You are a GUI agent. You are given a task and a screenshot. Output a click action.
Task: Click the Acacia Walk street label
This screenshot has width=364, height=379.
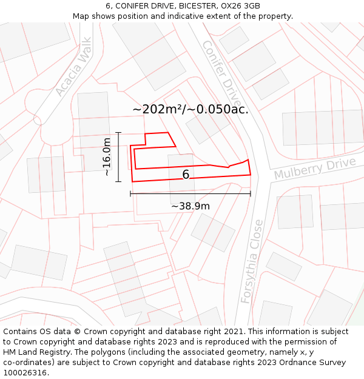pos(73,67)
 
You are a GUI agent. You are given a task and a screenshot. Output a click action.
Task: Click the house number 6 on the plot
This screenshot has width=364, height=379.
pos(186,175)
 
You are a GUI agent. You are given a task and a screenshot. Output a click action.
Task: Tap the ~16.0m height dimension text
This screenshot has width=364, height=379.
pos(107,156)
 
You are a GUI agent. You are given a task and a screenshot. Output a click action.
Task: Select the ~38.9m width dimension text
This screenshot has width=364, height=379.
pos(190,206)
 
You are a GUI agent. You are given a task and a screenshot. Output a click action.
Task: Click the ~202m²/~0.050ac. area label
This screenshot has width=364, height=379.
pos(190,109)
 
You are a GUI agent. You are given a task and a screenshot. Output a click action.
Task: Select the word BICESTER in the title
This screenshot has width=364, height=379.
pos(183,6)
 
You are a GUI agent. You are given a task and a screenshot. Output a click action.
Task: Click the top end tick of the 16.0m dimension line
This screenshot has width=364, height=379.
pos(118,132)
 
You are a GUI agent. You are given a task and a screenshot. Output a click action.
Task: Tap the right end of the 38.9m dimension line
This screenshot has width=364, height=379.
pos(251,194)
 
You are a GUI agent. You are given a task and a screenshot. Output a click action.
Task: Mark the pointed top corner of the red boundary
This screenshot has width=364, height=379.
pos(167,132)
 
